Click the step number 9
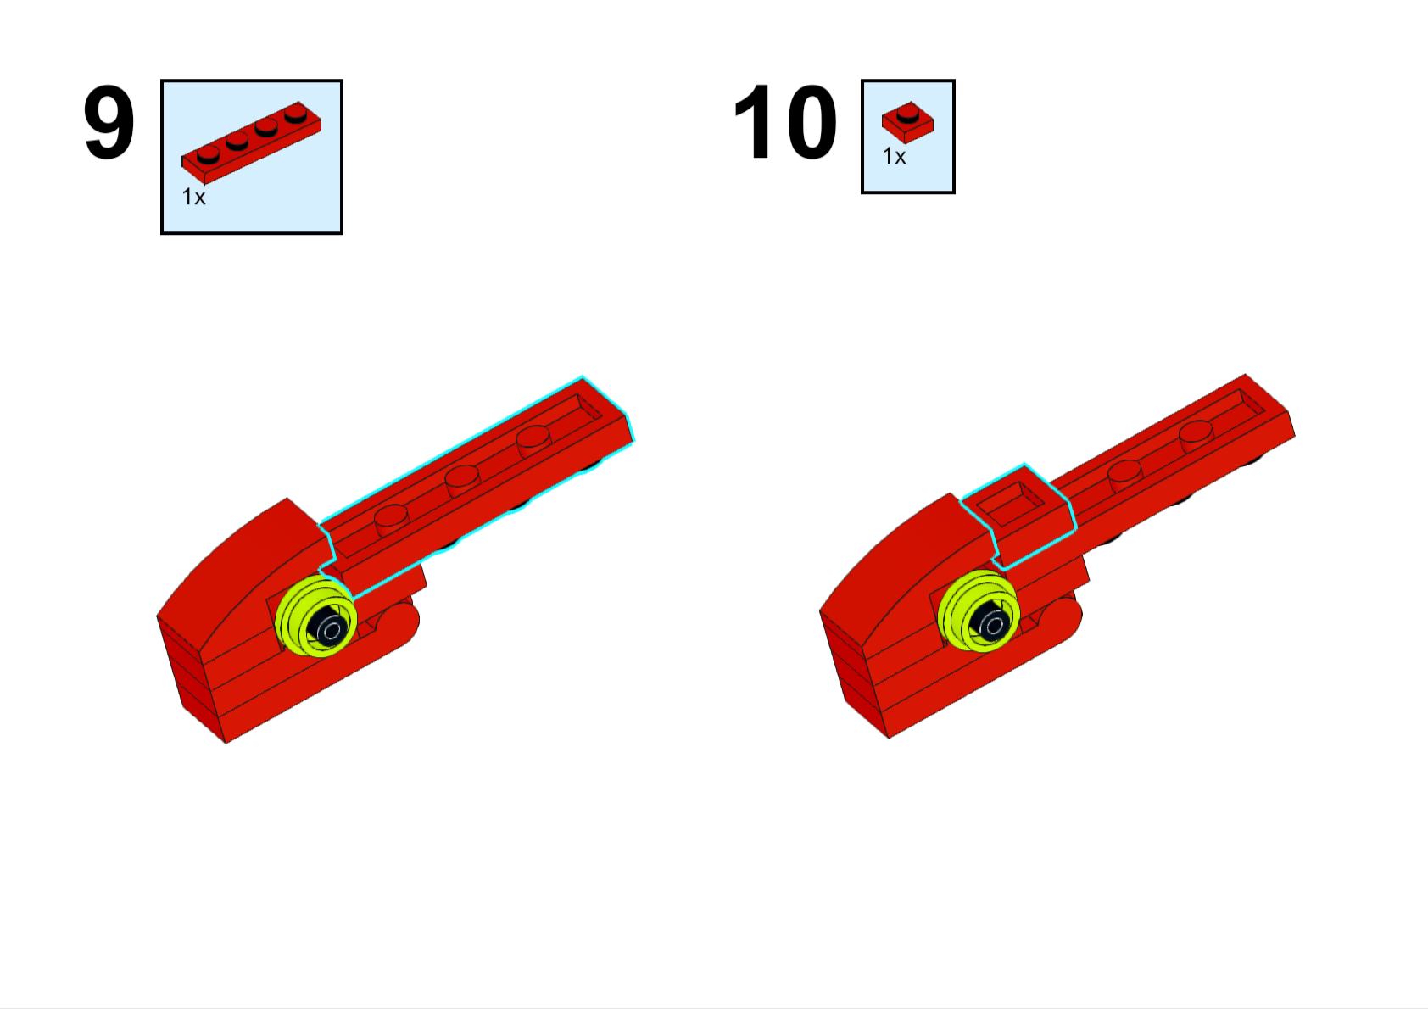click(x=109, y=122)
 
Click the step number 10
click(x=785, y=121)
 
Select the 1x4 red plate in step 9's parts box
click(x=251, y=142)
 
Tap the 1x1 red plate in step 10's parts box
click(x=908, y=122)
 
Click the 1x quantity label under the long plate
click(x=194, y=197)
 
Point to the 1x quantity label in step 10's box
click(x=894, y=156)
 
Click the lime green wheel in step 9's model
click(x=315, y=616)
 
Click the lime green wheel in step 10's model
click(x=979, y=610)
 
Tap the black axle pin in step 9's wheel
click(x=329, y=626)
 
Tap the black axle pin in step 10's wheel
click(x=992, y=621)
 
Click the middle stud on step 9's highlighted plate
click(x=462, y=481)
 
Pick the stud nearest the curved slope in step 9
click(x=392, y=520)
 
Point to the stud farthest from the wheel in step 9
click(x=533, y=441)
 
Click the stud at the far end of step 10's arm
click(x=1197, y=436)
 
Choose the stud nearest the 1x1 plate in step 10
click(x=1125, y=476)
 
